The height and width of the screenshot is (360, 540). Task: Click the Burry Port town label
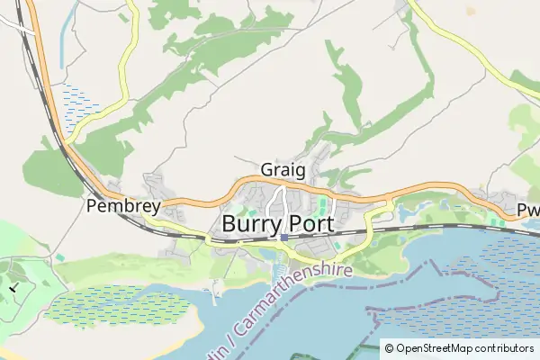point(277,223)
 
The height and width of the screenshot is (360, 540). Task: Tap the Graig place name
point(283,169)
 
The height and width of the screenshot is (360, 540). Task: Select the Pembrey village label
point(123,206)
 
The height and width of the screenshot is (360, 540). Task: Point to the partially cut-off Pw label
point(528,210)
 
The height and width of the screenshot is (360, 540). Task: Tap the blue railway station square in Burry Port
point(284,238)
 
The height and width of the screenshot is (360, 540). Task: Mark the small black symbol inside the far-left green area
point(13,287)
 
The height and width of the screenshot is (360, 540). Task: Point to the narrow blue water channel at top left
point(62,40)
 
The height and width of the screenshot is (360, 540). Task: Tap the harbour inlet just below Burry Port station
point(279,261)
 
